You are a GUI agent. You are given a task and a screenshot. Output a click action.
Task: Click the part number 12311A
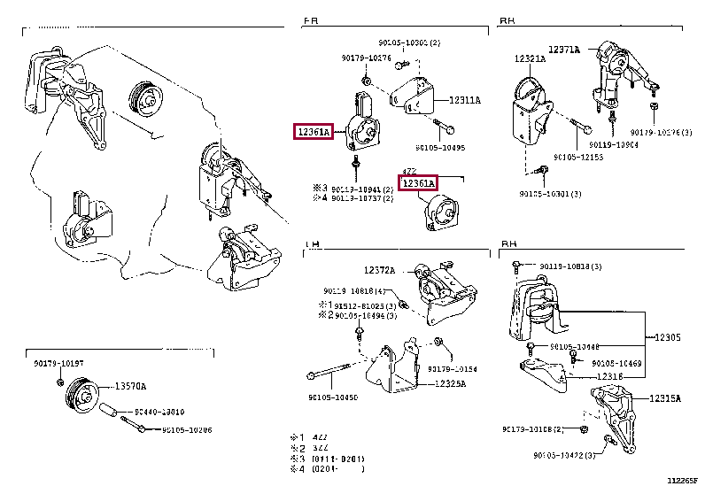464,101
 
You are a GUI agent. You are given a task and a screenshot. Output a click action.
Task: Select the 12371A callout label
563,50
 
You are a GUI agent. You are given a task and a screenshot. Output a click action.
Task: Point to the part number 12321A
531,58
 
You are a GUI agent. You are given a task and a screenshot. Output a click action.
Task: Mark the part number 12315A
665,398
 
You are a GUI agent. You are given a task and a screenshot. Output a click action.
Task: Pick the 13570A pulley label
130,386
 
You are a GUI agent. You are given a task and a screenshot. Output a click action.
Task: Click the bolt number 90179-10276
367,58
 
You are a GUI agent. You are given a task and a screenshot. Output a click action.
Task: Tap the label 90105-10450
333,397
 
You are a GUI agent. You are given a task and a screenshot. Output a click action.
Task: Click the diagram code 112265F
682,479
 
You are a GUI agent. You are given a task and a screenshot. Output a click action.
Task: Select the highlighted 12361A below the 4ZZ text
418,184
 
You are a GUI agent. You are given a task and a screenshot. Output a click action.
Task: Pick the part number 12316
608,375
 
